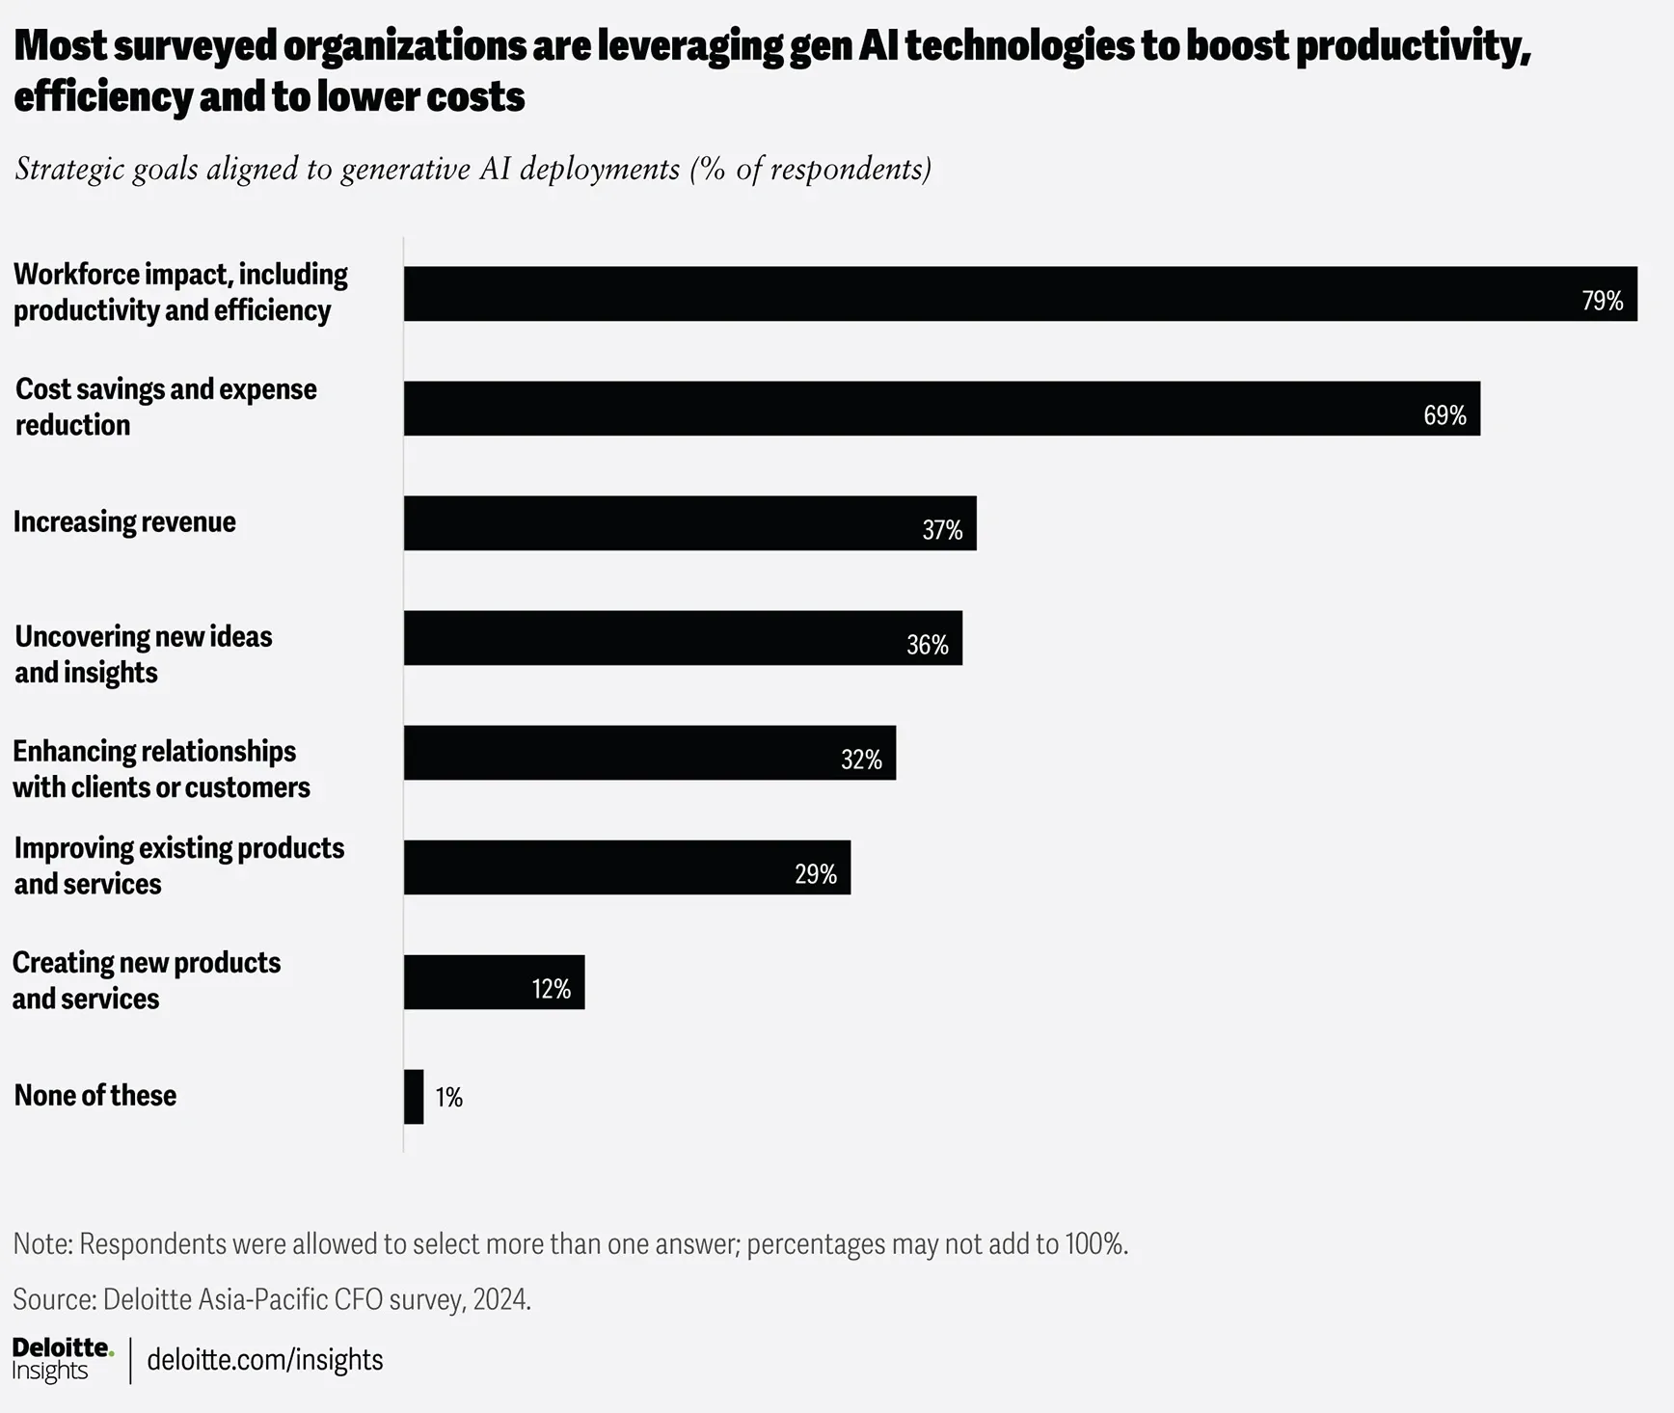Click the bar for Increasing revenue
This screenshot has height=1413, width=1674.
coord(690,523)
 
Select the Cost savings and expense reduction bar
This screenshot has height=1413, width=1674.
coord(942,409)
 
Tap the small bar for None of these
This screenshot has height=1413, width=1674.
coord(414,1097)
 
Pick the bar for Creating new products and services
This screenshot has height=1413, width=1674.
coord(495,982)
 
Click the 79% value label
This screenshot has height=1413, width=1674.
coord(1603,301)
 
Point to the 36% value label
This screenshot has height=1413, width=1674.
coord(928,645)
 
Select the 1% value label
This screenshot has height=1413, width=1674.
coord(449,1097)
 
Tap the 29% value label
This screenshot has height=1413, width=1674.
coord(816,874)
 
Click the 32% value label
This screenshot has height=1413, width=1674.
coord(862,760)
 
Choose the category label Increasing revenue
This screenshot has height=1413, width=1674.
coord(124,521)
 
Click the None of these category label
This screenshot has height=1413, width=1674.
coord(94,1095)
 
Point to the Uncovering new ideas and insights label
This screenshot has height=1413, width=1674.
coord(144,654)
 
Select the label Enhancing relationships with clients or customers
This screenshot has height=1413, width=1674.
coord(161,769)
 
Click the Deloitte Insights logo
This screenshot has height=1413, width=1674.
coord(63,1359)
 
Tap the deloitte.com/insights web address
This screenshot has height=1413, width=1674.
coord(265,1360)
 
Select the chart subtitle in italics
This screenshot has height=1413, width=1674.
coord(473,170)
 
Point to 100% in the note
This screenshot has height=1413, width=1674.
coord(1095,1243)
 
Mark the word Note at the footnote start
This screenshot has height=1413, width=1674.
coord(42,1243)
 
